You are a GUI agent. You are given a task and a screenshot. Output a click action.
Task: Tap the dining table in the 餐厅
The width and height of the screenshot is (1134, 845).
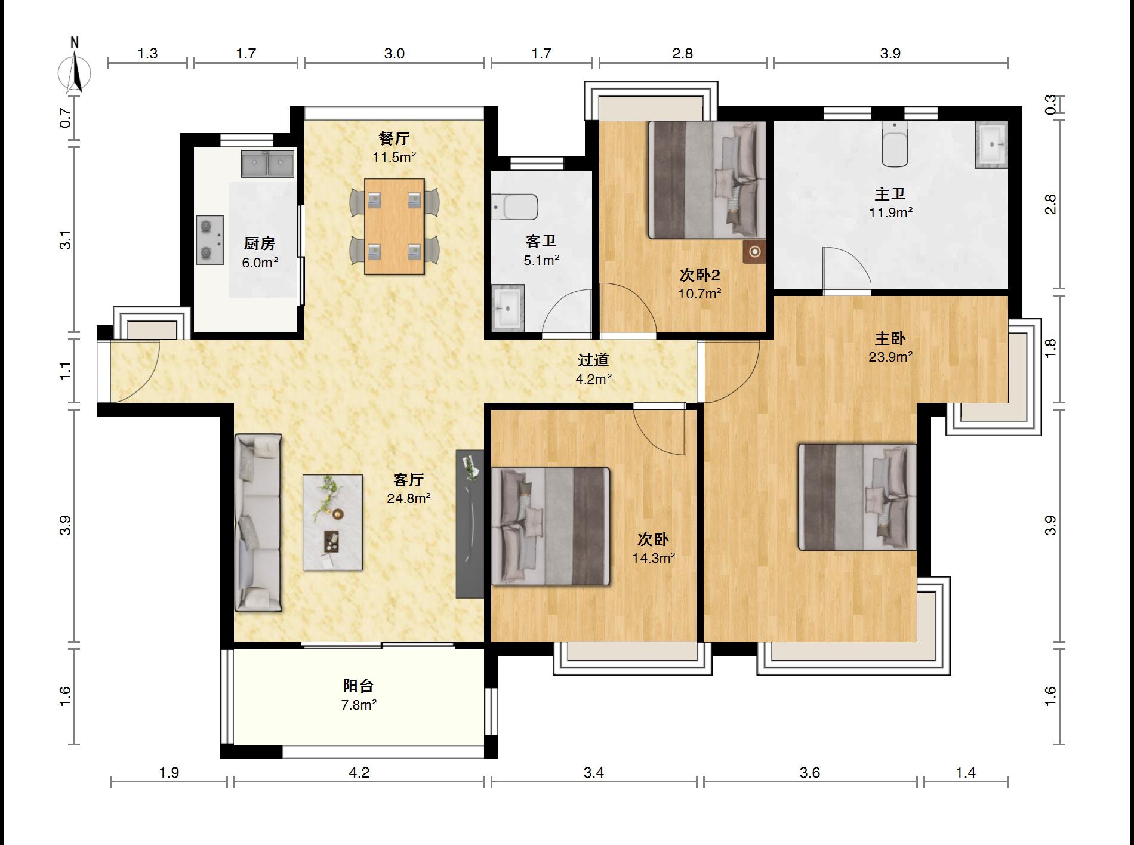pos(395,226)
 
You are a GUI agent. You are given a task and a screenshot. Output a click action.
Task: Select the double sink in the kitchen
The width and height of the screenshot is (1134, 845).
pos(269,164)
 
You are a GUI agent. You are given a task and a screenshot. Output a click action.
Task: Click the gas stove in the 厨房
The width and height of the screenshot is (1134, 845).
pos(210,240)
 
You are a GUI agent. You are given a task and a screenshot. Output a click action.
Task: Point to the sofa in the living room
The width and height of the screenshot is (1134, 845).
pos(258,523)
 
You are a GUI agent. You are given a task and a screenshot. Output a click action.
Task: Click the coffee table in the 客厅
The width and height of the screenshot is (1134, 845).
pos(332,522)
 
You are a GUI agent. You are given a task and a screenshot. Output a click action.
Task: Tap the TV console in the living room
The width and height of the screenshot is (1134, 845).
pos(470,523)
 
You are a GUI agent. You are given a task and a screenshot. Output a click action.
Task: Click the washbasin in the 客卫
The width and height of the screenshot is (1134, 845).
pos(508,307)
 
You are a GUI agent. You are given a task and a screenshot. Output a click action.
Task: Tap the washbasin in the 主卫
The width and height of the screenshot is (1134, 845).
pos(992,145)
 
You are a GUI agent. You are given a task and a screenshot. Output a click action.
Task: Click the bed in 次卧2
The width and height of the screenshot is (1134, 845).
pos(707,180)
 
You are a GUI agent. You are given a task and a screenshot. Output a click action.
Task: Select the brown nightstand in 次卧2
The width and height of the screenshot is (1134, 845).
pos(754,252)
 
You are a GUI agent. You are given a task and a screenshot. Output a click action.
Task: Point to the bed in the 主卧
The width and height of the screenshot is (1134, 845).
pos(858,496)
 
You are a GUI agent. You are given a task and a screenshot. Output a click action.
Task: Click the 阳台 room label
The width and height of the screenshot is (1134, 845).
pos(359,686)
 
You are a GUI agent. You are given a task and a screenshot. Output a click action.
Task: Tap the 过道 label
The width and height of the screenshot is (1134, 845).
pos(594,360)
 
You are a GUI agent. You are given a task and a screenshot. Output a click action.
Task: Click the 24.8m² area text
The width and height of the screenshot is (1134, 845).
pos(409,498)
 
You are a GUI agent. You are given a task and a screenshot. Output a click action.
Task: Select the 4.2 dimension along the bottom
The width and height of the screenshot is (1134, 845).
pos(359,773)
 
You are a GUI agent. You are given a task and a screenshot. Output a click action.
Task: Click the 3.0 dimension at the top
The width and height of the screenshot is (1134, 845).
pos(395,54)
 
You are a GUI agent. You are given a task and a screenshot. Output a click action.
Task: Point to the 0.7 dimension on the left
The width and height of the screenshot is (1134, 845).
pos(66,118)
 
